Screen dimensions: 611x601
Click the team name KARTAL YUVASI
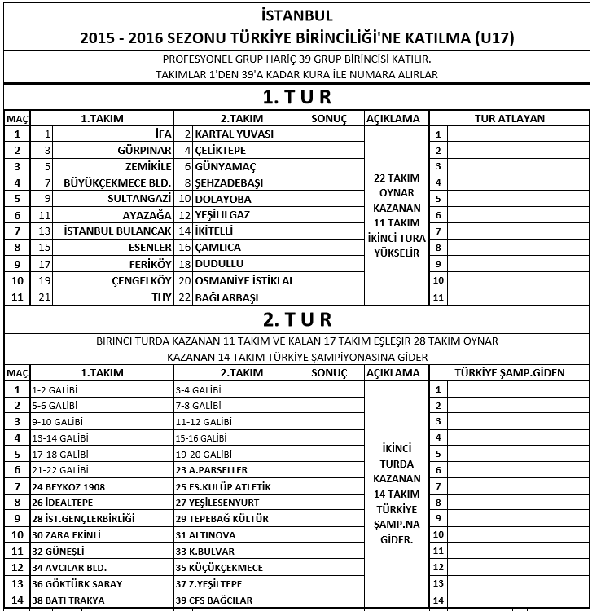(x=235, y=134)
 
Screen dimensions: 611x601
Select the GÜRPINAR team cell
(x=144, y=150)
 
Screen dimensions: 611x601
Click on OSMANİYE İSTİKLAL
(x=245, y=279)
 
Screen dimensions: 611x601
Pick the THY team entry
(x=161, y=296)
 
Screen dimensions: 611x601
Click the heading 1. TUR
(x=297, y=97)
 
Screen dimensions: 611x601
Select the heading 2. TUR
(x=297, y=319)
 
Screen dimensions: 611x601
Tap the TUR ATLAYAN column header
(x=510, y=118)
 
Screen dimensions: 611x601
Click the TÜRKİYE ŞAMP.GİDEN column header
(x=510, y=372)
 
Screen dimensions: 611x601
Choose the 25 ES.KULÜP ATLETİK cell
(x=224, y=486)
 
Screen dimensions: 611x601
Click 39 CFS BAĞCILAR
(x=216, y=600)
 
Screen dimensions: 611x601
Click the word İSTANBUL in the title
(x=297, y=15)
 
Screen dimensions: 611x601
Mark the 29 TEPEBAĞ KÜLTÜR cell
(x=222, y=519)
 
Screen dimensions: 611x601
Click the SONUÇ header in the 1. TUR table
(x=329, y=118)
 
